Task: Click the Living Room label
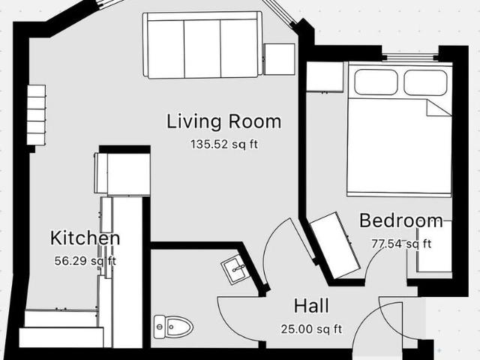point(223,121)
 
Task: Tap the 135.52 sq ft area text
point(224,144)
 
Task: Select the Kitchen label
point(85,238)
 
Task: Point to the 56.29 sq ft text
point(85,261)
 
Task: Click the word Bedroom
point(401,220)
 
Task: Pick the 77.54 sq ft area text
point(401,244)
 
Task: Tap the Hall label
point(311,306)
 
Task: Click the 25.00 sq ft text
point(311,329)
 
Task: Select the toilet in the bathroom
point(173,327)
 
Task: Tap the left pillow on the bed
point(376,82)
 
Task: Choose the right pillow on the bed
point(425,82)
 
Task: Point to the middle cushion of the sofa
point(202,48)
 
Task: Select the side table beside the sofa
point(280,59)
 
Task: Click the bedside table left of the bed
point(325,76)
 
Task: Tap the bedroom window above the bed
point(410,57)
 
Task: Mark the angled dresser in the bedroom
point(334,245)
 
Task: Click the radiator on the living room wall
point(37,115)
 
